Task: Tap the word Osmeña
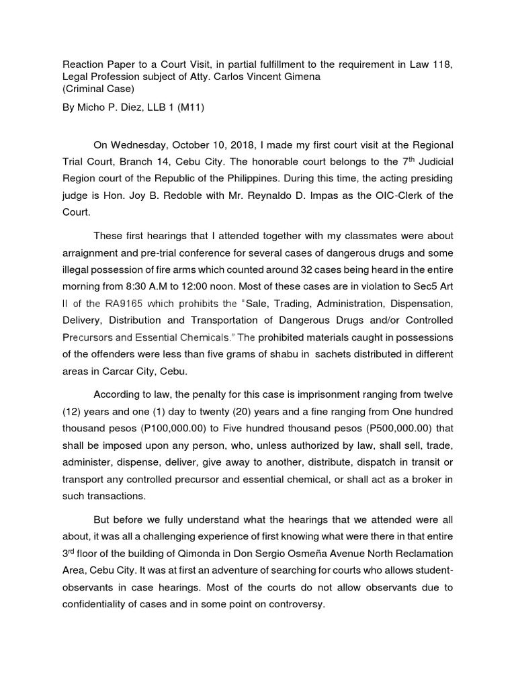click(314, 553)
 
